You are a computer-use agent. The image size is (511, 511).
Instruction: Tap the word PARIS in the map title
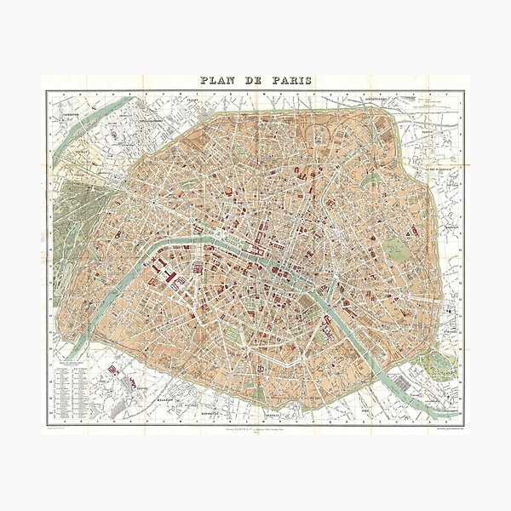coord(290,81)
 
